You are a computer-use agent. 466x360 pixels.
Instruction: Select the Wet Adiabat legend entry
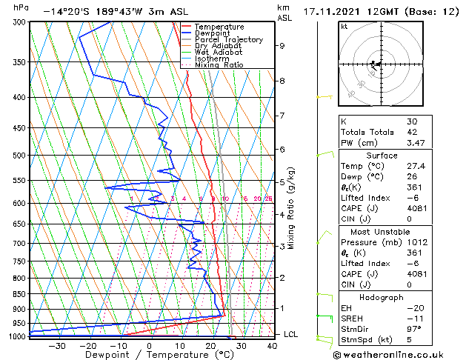[x=220, y=52]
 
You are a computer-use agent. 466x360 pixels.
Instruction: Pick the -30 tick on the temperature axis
[x=56, y=345]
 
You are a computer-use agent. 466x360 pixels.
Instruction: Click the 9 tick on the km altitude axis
[x=282, y=45]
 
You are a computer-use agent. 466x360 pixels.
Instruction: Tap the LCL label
[x=291, y=334]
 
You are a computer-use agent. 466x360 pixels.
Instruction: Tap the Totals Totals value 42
[x=411, y=131]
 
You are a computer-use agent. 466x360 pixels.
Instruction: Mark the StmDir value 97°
[x=414, y=329]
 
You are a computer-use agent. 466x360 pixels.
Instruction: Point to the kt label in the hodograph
[x=344, y=26]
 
